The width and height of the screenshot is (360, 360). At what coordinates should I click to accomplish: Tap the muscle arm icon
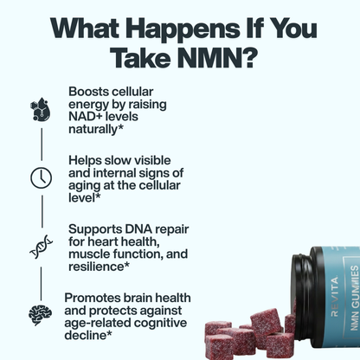coord(40,108)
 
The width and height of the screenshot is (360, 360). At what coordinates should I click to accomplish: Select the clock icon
coord(40,177)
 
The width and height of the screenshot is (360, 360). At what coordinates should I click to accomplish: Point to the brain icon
coord(40,312)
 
